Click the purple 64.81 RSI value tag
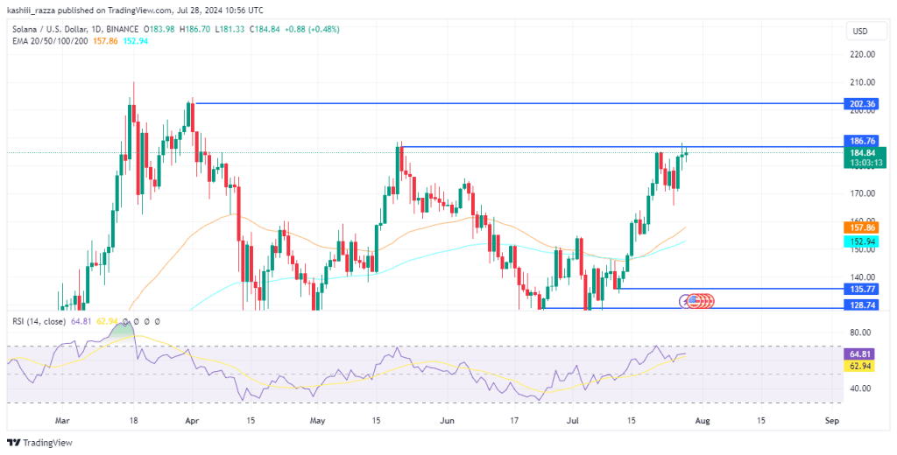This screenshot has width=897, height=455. (x=859, y=353)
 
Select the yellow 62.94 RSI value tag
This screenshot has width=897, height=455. (x=859, y=366)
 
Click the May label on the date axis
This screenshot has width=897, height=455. (x=316, y=421)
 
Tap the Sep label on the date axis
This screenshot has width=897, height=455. (x=832, y=421)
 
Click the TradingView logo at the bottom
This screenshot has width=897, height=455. (x=39, y=443)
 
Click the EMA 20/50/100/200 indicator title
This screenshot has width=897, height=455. (x=50, y=40)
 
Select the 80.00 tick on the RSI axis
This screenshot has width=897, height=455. (x=860, y=332)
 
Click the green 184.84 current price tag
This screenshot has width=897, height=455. (x=865, y=157)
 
